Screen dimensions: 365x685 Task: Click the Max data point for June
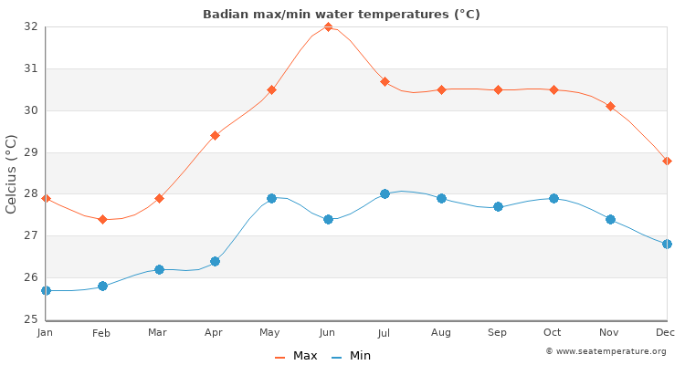(x=328, y=26)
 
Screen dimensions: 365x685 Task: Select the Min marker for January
(x=46, y=290)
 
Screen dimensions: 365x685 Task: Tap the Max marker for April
(x=215, y=135)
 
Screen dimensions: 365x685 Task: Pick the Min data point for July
(x=385, y=193)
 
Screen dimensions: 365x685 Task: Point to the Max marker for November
(x=610, y=106)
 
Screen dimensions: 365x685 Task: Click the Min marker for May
(x=271, y=198)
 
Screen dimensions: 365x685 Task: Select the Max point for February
(x=102, y=219)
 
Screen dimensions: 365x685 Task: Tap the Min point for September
(x=498, y=206)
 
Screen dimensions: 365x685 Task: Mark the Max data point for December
(x=667, y=161)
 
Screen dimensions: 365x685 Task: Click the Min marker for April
(x=215, y=261)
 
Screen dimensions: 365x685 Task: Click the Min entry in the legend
(x=352, y=356)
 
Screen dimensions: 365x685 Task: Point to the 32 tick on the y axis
(x=32, y=26)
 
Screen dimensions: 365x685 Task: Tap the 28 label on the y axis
(x=32, y=193)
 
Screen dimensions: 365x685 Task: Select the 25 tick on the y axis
(x=32, y=319)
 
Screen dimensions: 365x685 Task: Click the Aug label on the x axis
(x=441, y=333)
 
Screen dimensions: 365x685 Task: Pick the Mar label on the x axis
(x=158, y=333)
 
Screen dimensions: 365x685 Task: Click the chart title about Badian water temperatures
(x=342, y=14)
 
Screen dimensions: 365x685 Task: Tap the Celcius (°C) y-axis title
(x=12, y=173)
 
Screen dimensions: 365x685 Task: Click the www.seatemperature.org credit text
(x=606, y=351)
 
